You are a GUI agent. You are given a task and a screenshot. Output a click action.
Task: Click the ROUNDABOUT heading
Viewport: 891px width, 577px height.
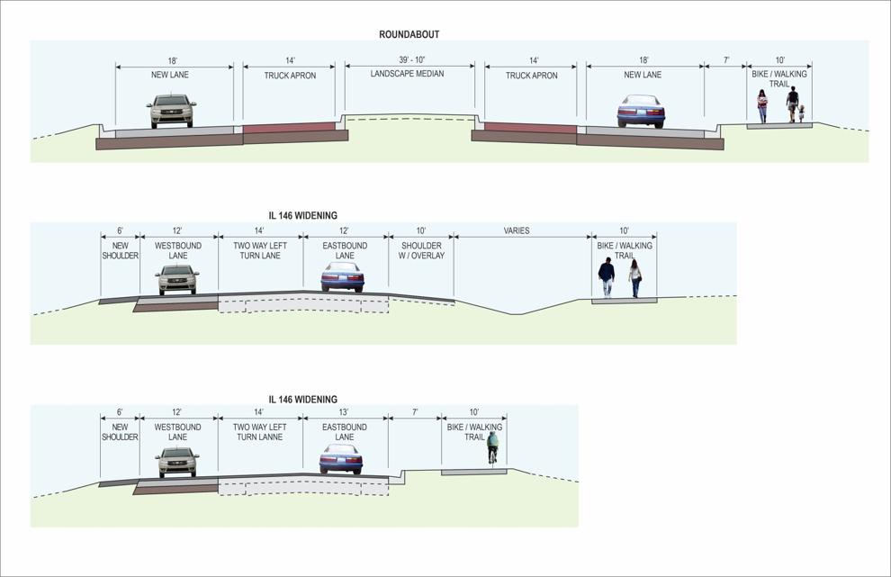click(x=409, y=34)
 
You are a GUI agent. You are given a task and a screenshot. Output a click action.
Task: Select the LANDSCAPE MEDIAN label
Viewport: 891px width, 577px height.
click(x=407, y=73)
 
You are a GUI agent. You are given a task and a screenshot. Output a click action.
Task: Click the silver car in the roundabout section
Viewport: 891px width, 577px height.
click(x=171, y=111)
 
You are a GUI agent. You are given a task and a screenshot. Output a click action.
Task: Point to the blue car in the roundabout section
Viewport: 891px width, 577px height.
click(x=641, y=111)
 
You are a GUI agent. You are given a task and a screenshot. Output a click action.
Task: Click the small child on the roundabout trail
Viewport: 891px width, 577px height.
click(x=801, y=113)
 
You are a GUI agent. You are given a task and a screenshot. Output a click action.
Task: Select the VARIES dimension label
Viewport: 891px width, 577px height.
click(x=516, y=230)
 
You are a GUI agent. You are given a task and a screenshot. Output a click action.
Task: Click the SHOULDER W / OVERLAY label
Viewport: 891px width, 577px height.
click(x=421, y=251)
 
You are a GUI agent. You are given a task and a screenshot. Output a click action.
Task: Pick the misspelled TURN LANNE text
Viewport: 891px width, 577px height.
click(x=260, y=437)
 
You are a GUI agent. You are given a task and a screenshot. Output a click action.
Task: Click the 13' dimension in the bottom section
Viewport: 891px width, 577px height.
click(x=343, y=411)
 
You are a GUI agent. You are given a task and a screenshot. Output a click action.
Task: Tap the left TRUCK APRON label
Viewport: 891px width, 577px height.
click(x=290, y=76)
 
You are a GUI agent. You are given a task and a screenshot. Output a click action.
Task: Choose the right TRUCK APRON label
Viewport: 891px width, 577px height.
click(x=531, y=76)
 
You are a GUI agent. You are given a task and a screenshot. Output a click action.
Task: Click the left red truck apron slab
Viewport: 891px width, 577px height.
click(x=289, y=128)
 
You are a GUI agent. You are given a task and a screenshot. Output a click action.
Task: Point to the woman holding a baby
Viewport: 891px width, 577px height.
click(x=762, y=106)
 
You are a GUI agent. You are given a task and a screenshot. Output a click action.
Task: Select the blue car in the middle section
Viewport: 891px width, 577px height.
click(x=342, y=277)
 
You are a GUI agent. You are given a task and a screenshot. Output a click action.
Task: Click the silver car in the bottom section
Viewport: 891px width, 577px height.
click(x=178, y=462)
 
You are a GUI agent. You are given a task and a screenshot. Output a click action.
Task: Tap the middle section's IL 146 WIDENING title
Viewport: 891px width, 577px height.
click(x=303, y=215)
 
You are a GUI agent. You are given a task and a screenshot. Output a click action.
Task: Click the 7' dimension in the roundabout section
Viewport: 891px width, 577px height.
click(x=726, y=59)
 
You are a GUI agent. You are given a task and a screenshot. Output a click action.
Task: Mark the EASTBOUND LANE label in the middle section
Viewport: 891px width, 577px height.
click(x=345, y=251)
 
